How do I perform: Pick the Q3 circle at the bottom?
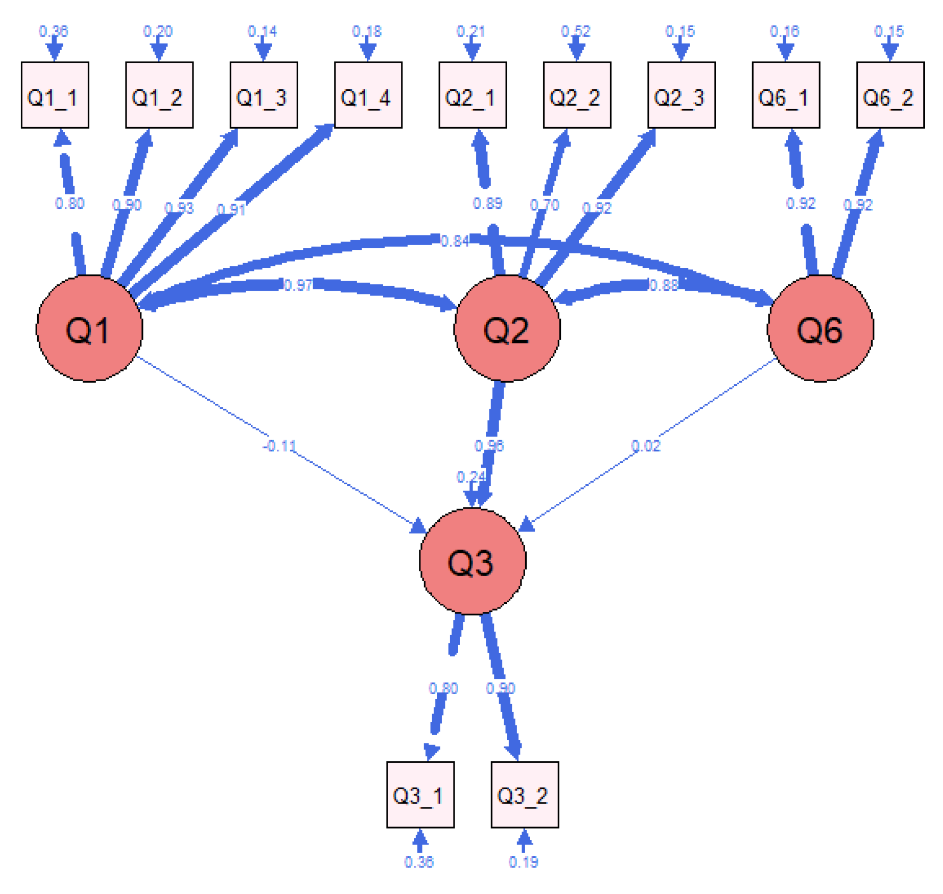tap(472, 561)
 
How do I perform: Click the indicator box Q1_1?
tap(55, 95)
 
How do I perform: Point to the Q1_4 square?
tap(368, 95)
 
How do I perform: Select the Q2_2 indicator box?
tap(577, 95)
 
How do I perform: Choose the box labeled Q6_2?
tap(890, 95)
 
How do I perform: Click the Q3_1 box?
tap(420, 795)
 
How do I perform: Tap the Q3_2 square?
tap(525, 795)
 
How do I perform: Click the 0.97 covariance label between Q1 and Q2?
tap(298, 285)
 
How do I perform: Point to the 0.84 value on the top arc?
tap(455, 241)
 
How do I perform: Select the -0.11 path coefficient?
tap(280, 446)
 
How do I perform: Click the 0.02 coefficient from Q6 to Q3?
tap(646, 446)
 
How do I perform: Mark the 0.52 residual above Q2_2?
tap(576, 31)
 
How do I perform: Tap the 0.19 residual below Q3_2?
tap(524, 862)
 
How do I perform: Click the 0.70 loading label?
tap(545, 205)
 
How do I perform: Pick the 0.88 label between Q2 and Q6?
tap(664, 285)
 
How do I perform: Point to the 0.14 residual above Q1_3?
tap(263, 31)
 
